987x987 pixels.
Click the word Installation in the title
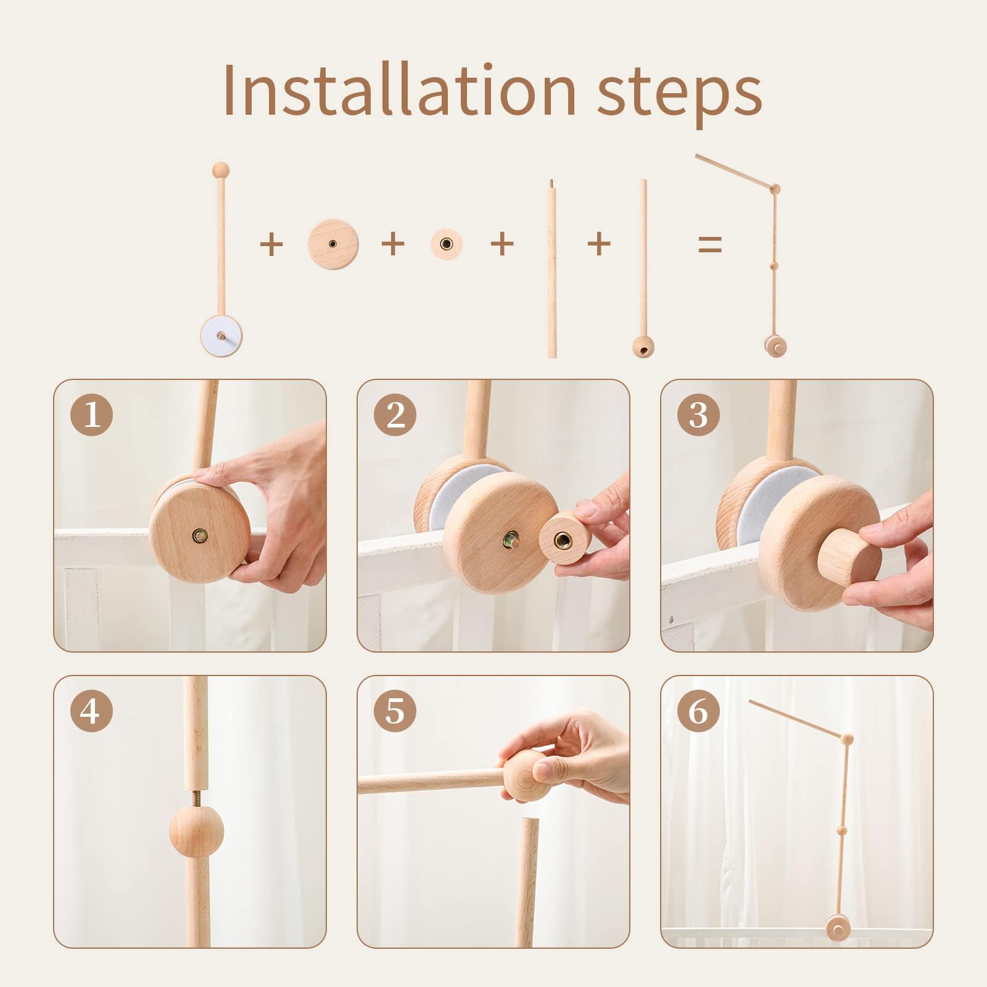tap(399, 90)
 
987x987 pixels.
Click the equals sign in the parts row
tap(710, 244)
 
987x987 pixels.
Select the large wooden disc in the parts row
tap(333, 244)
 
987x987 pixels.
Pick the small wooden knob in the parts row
tap(446, 244)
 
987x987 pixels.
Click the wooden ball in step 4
tap(196, 831)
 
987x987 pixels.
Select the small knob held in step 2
tap(565, 537)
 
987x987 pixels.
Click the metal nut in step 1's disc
tap(199, 535)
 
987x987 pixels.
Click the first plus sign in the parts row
tap(271, 244)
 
